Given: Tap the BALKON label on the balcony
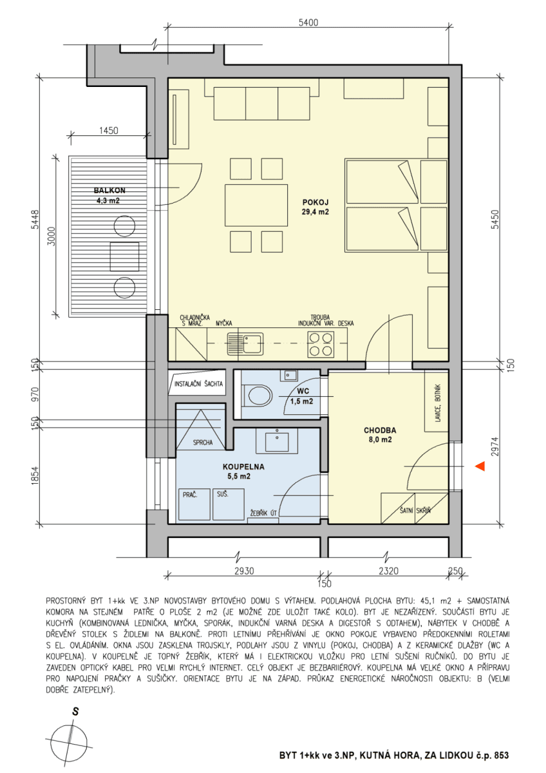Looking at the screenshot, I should [x=109, y=191].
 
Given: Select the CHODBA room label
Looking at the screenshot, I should [x=379, y=430].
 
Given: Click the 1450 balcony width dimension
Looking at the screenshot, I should [x=109, y=131].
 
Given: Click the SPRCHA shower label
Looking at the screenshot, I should [x=203, y=443].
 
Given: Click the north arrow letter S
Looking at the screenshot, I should [x=75, y=712].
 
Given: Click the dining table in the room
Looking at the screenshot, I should [x=247, y=205].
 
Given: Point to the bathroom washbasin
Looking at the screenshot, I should [x=278, y=442].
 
